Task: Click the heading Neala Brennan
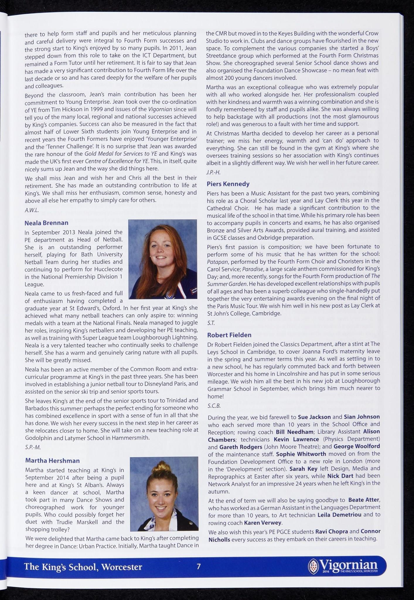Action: point(46,223)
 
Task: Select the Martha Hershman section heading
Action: point(52,461)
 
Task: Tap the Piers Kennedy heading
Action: point(228,184)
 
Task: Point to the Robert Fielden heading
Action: point(229,335)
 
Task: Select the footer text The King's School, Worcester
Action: point(83,567)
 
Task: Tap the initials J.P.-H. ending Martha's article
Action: point(213,172)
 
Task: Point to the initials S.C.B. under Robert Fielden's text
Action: point(214,406)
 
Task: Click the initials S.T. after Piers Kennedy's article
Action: point(211,323)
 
